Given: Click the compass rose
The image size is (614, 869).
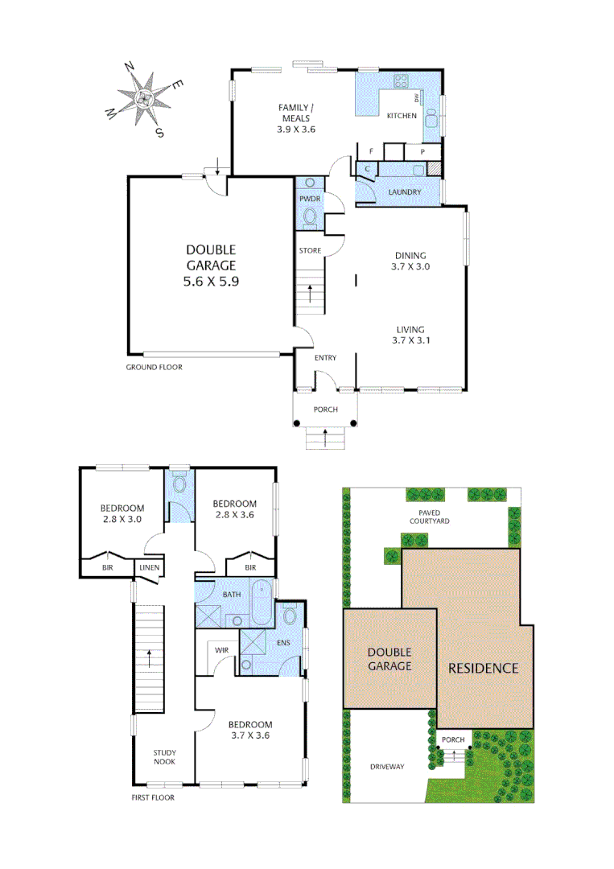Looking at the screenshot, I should click(145, 98).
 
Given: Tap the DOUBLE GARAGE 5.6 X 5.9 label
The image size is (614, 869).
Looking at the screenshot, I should click(212, 266).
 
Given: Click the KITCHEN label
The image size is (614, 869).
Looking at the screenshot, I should click(402, 116).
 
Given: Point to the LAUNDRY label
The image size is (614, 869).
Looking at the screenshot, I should click(404, 192).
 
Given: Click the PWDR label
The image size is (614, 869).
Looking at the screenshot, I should click(309, 197).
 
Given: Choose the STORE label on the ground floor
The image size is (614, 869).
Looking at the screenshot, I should click(310, 251).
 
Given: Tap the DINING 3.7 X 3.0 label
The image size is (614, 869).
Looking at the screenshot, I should click(410, 260).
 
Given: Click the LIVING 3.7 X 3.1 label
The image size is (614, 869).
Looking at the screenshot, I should click(410, 335).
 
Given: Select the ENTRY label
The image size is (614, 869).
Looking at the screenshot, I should click(325, 358).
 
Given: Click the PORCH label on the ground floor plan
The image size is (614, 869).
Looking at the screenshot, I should click(325, 410).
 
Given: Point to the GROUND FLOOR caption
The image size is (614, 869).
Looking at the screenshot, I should click(154, 367).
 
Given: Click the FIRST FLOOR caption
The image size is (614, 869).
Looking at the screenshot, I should click(152, 798).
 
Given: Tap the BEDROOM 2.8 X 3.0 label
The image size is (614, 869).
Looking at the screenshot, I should click(122, 513).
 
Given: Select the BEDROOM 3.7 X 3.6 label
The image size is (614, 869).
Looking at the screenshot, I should click(251, 730).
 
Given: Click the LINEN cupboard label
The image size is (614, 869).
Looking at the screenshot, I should click(150, 568).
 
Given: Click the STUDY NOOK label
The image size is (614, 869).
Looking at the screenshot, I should click(164, 757).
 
